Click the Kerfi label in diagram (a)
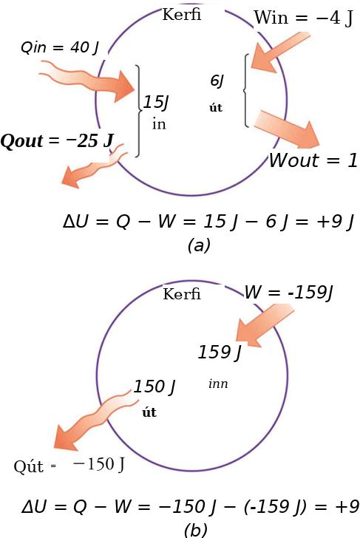(x=182, y=15)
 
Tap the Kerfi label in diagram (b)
(x=182, y=294)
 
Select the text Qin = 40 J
(x=60, y=48)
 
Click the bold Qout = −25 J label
(x=57, y=141)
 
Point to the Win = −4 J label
(x=303, y=18)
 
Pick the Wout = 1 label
(x=313, y=160)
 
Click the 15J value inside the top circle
(x=156, y=102)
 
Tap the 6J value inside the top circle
(x=217, y=81)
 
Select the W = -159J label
(x=288, y=293)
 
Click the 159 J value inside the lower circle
(x=220, y=352)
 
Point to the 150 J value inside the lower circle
(x=154, y=387)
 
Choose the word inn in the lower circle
(x=218, y=384)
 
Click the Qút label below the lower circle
(x=29, y=466)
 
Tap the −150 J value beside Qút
(x=99, y=465)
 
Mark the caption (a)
(x=199, y=245)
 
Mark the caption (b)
(x=195, y=531)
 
